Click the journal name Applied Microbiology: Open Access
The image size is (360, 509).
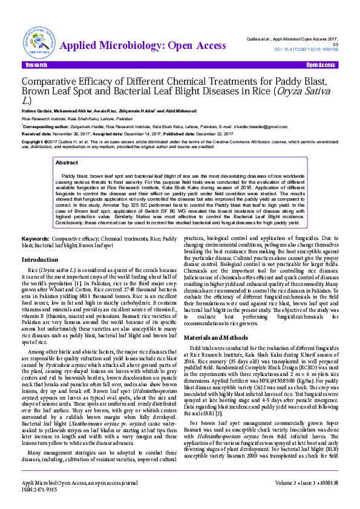coord(143,45)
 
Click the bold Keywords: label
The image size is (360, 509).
coord(35,239)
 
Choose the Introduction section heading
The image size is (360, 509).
coord(41,259)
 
